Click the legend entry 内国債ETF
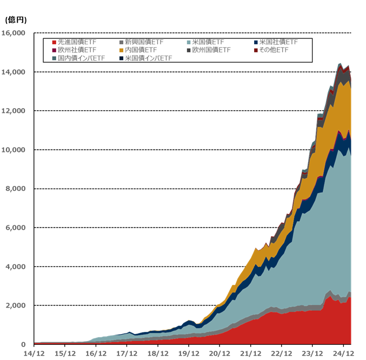[x=141, y=50]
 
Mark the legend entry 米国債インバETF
[x=148, y=58]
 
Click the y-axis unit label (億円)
[x=15, y=20]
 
